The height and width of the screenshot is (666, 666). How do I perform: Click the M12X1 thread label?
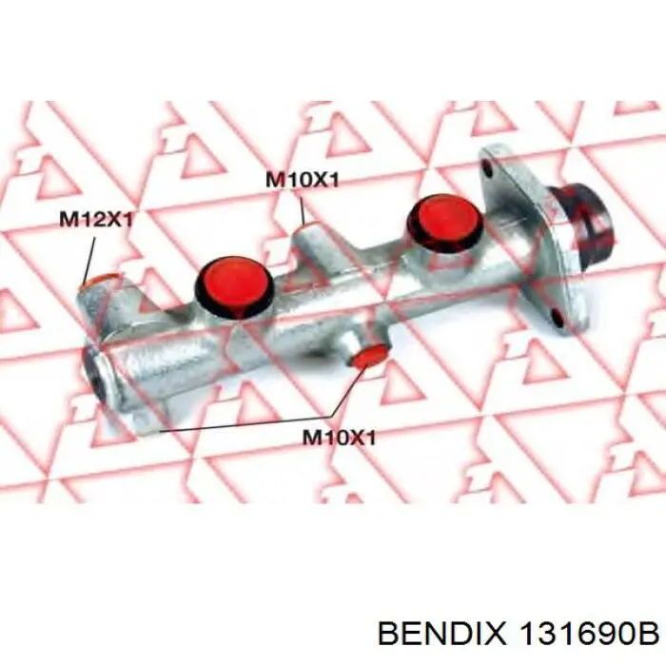click(96, 219)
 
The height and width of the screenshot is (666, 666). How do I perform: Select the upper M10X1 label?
click(301, 178)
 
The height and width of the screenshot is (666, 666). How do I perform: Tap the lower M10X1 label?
click(340, 438)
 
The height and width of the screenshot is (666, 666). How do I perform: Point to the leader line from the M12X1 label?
click(90, 255)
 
